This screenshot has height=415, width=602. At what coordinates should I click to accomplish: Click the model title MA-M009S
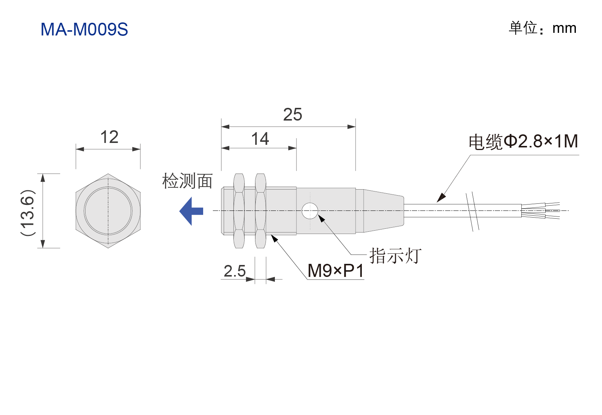pos(84,29)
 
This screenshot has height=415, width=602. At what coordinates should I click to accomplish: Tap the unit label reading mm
pos(564,28)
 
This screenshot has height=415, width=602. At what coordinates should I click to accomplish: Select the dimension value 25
pos(292,115)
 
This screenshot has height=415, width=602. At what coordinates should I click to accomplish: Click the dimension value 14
pos(260,139)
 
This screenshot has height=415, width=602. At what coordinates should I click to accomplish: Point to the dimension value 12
pos(109,137)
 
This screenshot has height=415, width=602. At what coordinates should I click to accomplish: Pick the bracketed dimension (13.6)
pos(28,212)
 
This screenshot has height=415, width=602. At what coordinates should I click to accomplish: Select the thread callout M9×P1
pos(336,271)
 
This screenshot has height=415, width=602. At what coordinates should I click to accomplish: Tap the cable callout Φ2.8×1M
pos(541,141)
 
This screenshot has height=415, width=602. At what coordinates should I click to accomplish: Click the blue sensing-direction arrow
pos(191,211)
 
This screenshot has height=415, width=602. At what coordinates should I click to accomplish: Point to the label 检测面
pos(187,181)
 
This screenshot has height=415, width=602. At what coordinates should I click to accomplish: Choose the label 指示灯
pos(395,255)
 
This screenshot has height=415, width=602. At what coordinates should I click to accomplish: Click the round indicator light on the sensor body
pos(310,211)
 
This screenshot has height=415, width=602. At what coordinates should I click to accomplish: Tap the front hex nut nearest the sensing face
pos(239,211)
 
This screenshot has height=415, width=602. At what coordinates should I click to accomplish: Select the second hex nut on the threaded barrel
pos(260,211)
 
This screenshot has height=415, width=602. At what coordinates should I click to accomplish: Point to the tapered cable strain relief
pos(384,211)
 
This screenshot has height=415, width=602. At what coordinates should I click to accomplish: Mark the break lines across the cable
pos(472,212)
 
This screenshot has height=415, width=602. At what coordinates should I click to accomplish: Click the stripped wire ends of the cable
pos(541,210)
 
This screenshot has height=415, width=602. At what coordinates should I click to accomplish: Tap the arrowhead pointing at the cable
pos(441,198)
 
